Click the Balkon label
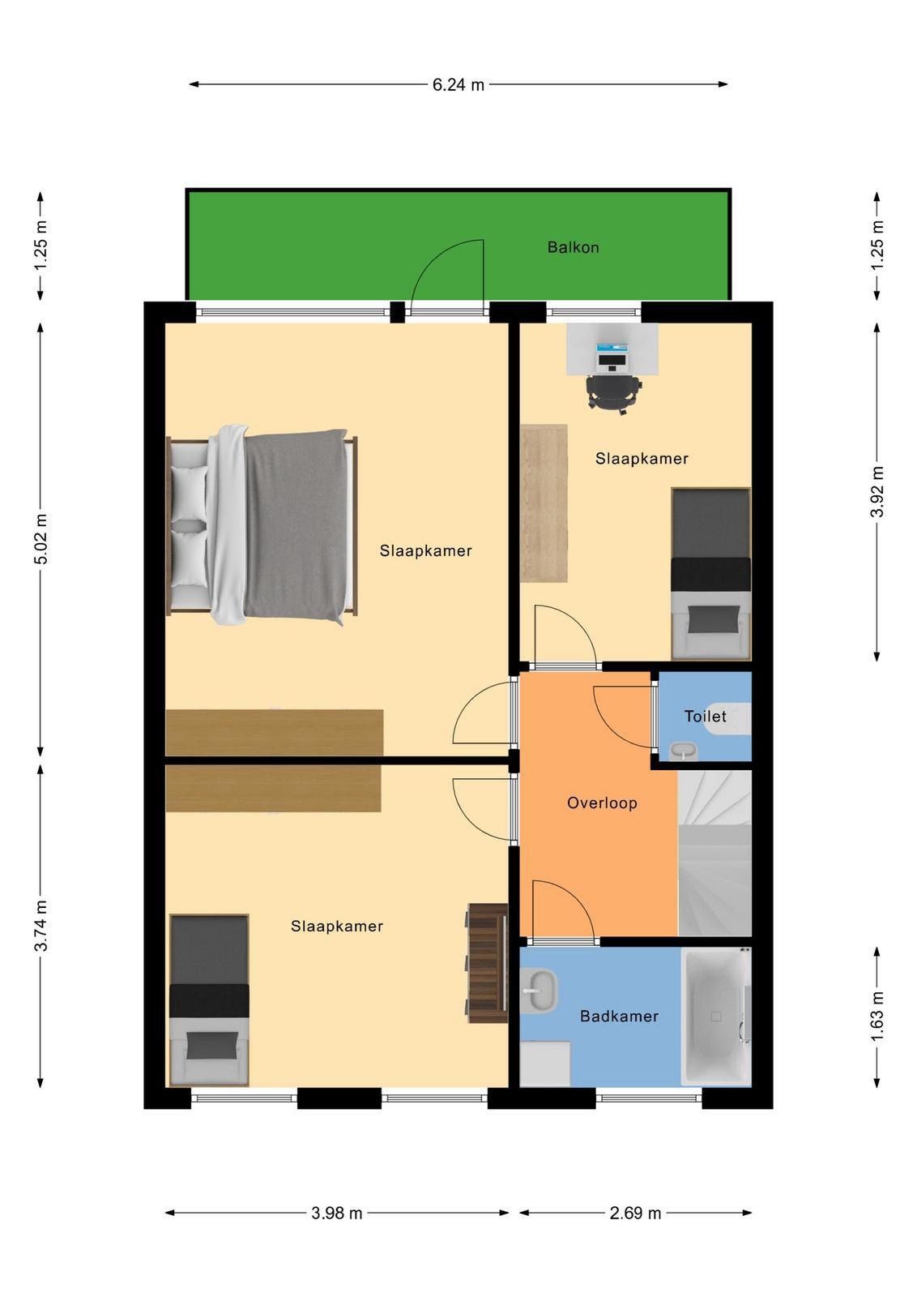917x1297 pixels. click(573, 248)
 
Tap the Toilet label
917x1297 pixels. click(706, 717)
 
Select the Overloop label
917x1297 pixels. click(602, 803)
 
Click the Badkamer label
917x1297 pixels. click(619, 1017)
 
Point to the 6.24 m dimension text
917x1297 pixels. click(458, 85)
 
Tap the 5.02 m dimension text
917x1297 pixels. click(41, 538)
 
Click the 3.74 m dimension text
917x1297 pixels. click(41, 926)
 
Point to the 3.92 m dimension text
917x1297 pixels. click(877, 491)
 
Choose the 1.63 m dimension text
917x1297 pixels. click(877, 1017)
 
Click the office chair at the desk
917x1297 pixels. click(613, 394)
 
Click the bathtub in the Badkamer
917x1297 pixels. click(715, 1017)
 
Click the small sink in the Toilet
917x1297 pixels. click(684, 751)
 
